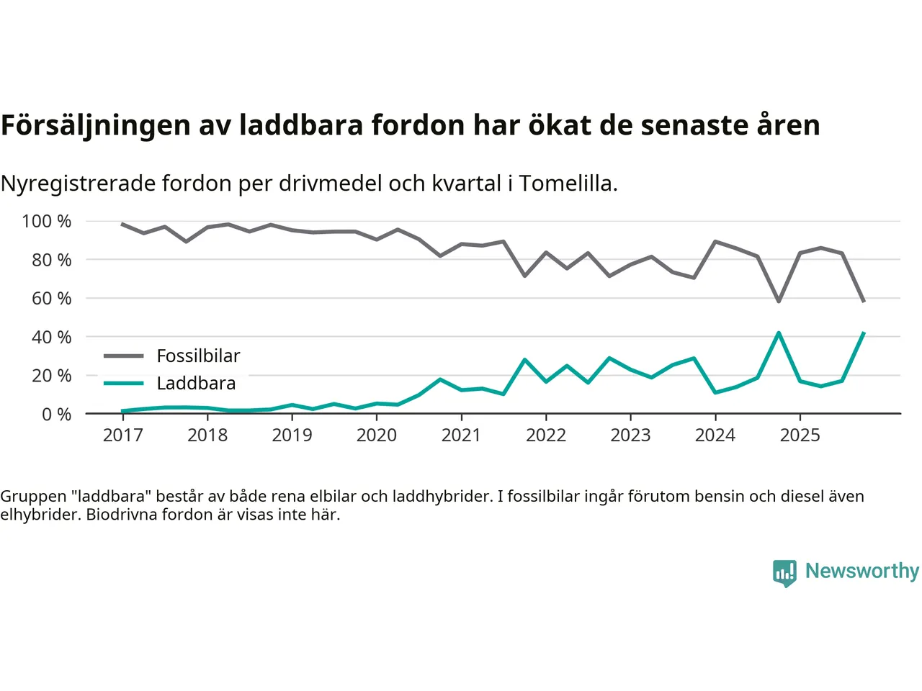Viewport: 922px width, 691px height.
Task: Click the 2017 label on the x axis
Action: pyautogui.click(x=122, y=435)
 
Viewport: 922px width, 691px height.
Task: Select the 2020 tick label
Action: pyautogui.click(x=376, y=435)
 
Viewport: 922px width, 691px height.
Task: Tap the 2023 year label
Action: pyautogui.click(x=630, y=435)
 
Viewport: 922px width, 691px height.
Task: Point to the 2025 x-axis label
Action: pyautogui.click(x=800, y=435)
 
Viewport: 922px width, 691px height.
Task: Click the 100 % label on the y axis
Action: pyautogui.click(x=47, y=221)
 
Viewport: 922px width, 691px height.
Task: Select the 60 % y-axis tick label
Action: pyautogui.click(x=51, y=298)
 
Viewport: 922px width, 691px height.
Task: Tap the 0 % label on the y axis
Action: pyautogui.click(x=56, y=414)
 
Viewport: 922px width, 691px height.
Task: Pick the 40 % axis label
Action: pyautogui.click(x=51, y=337)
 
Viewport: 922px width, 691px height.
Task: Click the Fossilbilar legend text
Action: pyautogui.click(x=198, y=356)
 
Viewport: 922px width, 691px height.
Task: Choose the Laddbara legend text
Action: pyautogui.click(x=196, y=383)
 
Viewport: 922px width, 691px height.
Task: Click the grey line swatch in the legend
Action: pyautogui.click(x=123, y=356)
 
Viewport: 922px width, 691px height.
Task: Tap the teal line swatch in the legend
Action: pyautogui.click(x=123, y=383)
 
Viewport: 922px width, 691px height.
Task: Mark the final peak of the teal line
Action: pyautogui.click(x=863, y=333)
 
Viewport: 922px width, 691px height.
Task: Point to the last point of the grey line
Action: pyautogui.click(x=863, y=301)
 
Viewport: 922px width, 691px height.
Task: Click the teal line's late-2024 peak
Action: pyautogui.click(x=779, y=333)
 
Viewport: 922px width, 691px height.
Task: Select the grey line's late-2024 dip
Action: pyautogui.click(x=779, y=301)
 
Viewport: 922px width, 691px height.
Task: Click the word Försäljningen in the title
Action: pyautogui.click(x=96, y=125)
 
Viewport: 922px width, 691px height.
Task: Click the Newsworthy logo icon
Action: pyautogui.click(x=784, y=573)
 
